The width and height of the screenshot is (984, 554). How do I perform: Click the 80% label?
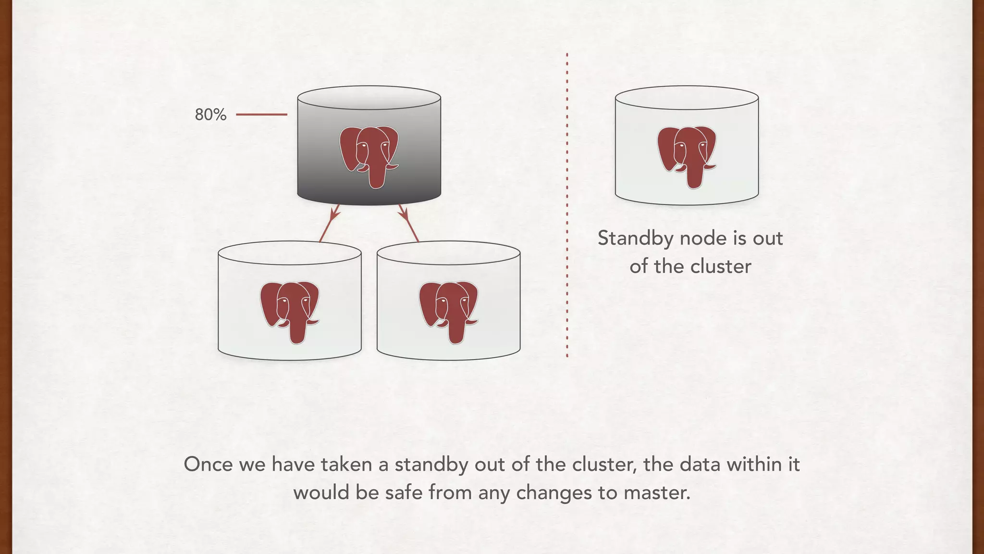point(210,114)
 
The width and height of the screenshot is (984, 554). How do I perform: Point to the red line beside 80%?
point(261,114)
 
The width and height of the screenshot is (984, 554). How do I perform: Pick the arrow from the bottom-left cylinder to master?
point(330,223)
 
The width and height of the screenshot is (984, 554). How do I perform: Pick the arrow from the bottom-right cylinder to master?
point(408,223)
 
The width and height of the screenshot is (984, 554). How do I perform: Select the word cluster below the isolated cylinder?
point(721,266)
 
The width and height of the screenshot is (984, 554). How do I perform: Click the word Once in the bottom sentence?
point(208,465)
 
